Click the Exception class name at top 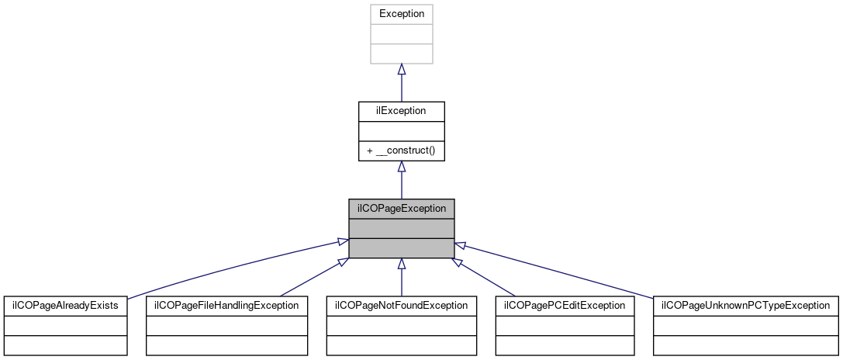(401, 14)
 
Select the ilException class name (401, 111)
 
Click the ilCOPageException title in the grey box (401, 209)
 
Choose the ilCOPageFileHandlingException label (227, 306)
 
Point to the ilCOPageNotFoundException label (401, 306)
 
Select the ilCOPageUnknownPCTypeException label (745, 306)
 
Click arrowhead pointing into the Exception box (401, 69)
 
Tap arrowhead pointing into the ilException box (401, 167)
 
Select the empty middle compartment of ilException (401, 131)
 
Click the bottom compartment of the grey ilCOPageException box (401, 248)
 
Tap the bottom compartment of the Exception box (401, 54)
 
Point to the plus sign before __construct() (370, 151)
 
